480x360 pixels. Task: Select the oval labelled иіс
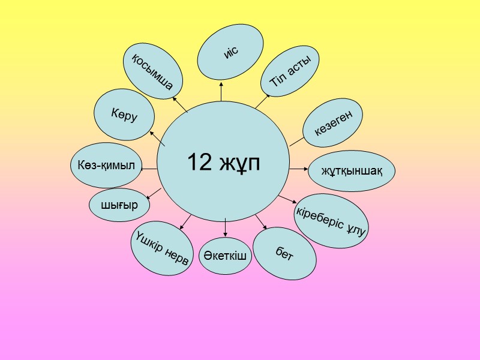point(231,52)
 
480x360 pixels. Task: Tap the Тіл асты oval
point(290,73)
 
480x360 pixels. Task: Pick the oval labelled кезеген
point(333,124)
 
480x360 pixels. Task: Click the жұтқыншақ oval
point(352,170)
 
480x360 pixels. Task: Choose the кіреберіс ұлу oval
point(331,221)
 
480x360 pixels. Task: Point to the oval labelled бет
point(284,253)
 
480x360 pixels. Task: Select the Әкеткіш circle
point(225,256)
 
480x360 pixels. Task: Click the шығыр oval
point(119,205)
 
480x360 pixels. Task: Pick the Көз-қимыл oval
point(106,164)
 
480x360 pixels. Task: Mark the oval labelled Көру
point(124,114)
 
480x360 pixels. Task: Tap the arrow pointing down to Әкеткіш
point(225,227)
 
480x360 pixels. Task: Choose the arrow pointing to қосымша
point(179,104)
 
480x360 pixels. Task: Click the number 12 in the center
point(199,162)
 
